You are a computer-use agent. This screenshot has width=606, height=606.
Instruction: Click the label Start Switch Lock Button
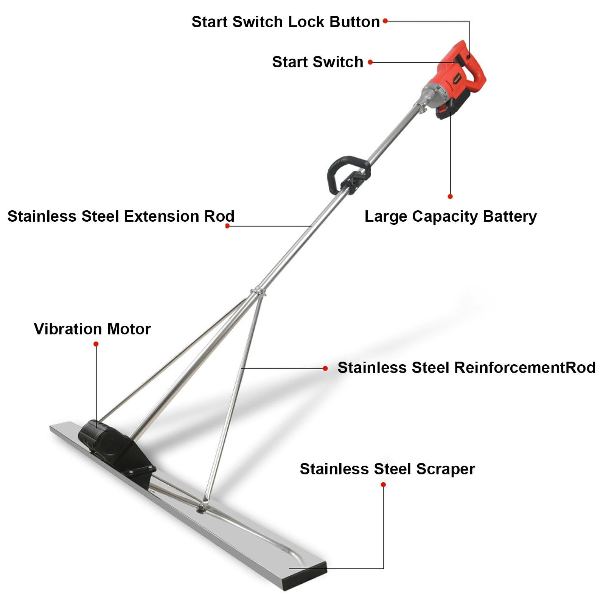pos(286,22)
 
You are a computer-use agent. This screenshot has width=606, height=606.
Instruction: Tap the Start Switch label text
pos(317,62)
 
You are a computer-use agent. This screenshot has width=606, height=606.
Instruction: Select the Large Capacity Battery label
pos(450,216)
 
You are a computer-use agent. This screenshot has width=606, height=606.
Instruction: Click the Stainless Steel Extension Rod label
pos(121,216)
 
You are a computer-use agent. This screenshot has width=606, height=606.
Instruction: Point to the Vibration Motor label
pos(92,329)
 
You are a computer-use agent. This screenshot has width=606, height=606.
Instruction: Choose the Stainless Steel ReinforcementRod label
pos(466,368)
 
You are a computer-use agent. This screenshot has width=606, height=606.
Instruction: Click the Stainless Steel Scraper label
pos(387,469)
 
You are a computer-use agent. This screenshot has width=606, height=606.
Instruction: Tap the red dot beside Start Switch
pos(370,62)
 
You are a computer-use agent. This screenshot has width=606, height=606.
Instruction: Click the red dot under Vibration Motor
pos(96,344)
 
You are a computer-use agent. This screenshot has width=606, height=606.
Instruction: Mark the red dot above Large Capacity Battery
pos(450,196)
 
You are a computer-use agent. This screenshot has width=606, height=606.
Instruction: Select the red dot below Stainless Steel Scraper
pos(383,485)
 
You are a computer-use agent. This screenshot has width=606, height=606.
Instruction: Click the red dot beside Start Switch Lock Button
pos(385,21)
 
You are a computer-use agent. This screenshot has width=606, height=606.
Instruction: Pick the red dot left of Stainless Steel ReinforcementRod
pos(325,368)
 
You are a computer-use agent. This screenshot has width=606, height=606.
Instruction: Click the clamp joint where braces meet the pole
pos(258,291)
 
